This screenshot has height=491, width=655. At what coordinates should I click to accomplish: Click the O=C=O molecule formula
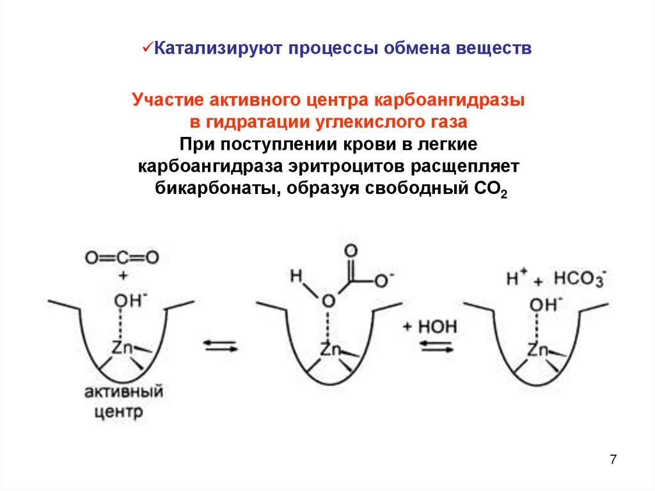point(122,258)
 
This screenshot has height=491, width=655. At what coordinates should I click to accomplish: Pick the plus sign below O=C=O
point(122,275)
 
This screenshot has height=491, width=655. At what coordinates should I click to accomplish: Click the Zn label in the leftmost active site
point(122,348)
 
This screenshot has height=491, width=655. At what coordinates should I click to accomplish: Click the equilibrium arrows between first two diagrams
point(221,347)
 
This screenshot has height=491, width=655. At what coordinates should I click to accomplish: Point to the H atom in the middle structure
point(295,276)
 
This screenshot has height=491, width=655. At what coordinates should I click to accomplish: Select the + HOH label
point(430,326)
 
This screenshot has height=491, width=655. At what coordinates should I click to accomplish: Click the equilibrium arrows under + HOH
point(436,347)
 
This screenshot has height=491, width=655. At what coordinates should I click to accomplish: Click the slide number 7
point(613,459)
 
